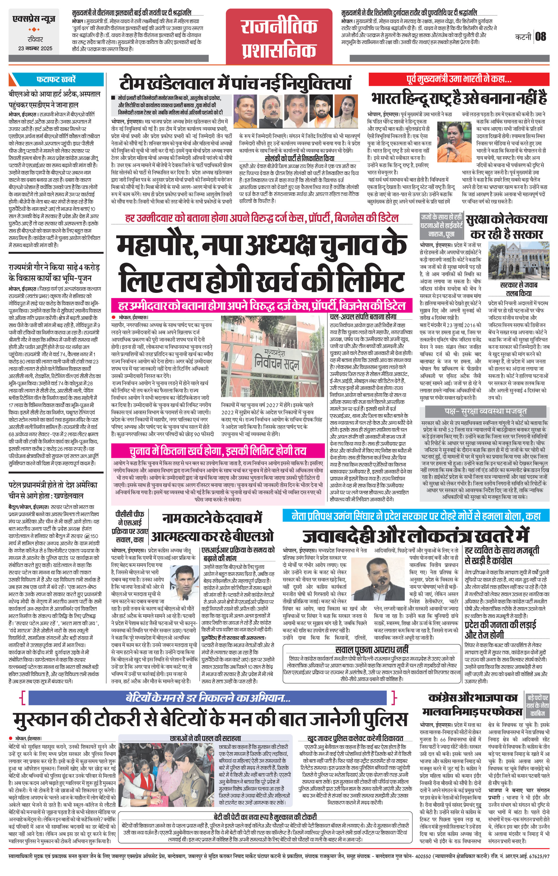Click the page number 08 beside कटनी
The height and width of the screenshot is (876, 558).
[541, 36]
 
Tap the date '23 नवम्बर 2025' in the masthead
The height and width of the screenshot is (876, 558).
[35, 48]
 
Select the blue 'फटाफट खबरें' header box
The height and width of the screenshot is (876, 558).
[56, 79]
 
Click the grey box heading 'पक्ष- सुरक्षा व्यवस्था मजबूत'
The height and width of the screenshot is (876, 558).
[485, 412]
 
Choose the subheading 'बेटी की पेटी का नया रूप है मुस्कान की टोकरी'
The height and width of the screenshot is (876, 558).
[265, 817]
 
